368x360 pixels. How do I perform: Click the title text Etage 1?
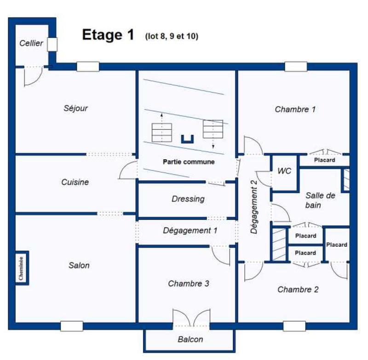(x=108, y=35)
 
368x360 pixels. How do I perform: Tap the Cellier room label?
(x=31, y=43)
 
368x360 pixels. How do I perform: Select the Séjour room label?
(x=75, y=109)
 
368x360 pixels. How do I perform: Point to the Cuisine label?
(x=75, y=182)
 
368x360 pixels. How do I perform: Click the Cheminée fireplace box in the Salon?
(x=22, y=268)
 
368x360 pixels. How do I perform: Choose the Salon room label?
(x=79, y=265)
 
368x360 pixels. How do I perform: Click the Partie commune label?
(x=189, y=162)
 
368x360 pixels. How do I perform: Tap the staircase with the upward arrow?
(x=161, y=132)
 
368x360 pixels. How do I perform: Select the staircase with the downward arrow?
(x=213, y=129)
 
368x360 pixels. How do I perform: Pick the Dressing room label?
(x=188, y=199)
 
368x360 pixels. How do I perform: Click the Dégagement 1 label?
(x=190, y=231)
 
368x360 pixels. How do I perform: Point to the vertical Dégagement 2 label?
(x=254, y=207)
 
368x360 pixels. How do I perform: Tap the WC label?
(x=284, y=171)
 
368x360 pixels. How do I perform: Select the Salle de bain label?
(x=320, y=200)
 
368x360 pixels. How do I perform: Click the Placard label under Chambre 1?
(x=324, y=160)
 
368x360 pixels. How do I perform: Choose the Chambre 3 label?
(x=189, y=284)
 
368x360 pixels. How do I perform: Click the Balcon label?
(x=190, y=340)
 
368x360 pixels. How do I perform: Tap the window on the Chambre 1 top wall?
(x=296, y=66)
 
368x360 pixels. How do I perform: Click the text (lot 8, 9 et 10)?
(x=172, y=36)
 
